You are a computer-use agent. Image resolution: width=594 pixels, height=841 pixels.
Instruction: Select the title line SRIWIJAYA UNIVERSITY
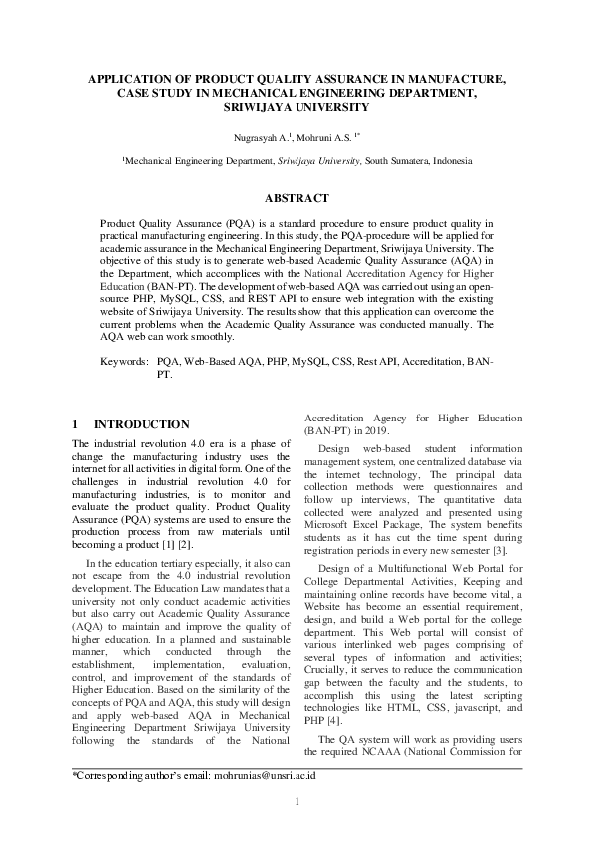tap(297, 106)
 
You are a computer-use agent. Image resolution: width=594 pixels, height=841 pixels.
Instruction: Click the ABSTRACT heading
tap(297, 198)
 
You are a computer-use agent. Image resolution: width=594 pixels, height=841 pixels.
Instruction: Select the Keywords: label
tap(125, 359)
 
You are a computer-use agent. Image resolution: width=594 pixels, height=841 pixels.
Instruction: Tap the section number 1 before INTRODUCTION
tap(77, 424)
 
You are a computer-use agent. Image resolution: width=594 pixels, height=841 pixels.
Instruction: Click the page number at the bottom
tap(297, 802)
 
